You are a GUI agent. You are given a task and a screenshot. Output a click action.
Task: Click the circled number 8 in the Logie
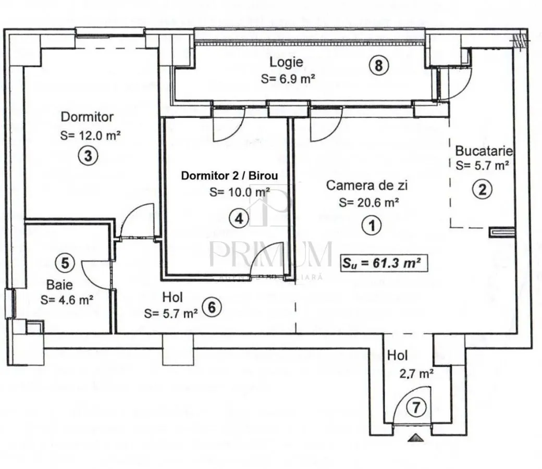pyautogui.click(x=378, y=65)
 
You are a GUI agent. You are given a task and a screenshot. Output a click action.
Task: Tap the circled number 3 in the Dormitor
pyautogui.click(x=88, y=155)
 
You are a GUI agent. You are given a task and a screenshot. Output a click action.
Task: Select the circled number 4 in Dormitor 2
pyautogui.click(x=239, y=218)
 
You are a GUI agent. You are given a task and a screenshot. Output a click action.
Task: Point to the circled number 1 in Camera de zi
pyautogui.click(x=372, y=226)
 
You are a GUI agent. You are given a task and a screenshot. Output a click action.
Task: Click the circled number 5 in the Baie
pyautogui.click(x=65, y=263)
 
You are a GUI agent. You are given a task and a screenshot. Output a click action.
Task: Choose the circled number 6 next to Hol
pyautogui.click(x=212, y=307)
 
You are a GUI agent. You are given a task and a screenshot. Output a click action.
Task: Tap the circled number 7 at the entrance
pyautogui.click(x=416, y=407)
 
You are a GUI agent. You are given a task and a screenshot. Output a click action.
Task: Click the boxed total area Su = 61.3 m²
pyautogui.click(x=384, y=263)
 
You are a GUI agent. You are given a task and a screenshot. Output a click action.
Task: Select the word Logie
pyautogui.click(x=286, y=62)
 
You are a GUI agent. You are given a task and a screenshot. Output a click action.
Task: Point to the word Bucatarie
pyautogui.click(x=484, y=151)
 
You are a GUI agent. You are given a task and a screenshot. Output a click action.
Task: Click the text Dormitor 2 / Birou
pyautogui.click(x=229, y=176)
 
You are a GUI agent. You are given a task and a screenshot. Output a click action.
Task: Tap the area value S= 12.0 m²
pyautogui.click(x=90, y=135)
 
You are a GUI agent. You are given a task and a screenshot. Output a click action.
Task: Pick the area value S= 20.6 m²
pyautogui.click(x=369, y=202)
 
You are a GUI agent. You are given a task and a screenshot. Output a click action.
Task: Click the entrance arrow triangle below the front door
pyautogui.click(x=415, y=438)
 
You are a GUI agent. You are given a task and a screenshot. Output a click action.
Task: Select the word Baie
pyautogui.click(x=59, y=285)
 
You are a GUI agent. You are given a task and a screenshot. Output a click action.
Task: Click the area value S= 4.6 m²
pyautogui.click(x=67, y=300)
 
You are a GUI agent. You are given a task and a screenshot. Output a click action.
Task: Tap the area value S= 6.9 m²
pyautogui.click(x=288, y=79)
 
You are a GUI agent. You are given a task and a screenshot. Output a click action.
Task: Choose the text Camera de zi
pyautogui.click(x=367, y=185)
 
